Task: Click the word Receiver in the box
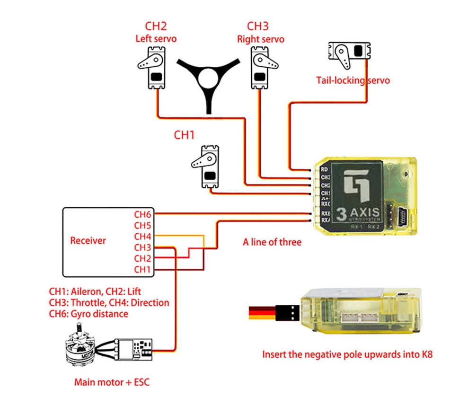click(x=88, y=240)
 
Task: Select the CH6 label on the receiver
click(x=142, y=214)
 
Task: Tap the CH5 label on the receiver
click(x=142, y=225)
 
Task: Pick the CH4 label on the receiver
click(x=142, y=236)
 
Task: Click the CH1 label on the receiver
click(x=142, y=269)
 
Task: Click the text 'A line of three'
click(x=272, y=242)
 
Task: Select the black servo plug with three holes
click(x=288, y=313)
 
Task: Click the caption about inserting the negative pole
click(x=347, y=354)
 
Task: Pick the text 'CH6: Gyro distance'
click(x=88, y=313)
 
